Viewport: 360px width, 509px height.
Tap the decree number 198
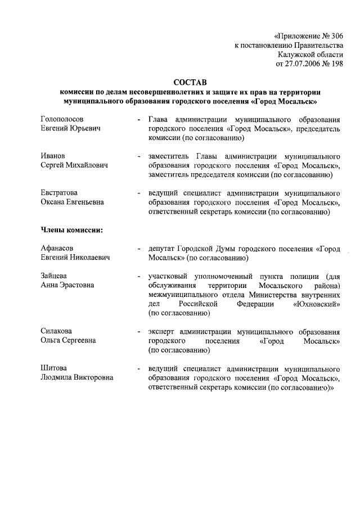click(335, 64)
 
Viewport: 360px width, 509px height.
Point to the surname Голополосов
click(62, 120)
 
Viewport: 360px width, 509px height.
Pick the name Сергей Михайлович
click(74, 165)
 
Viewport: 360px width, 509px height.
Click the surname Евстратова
click(59, 193)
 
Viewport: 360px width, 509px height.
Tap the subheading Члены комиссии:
click(71, 229)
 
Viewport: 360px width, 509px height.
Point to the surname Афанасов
click(57, 248)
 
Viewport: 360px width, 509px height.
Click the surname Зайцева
click(54, 276)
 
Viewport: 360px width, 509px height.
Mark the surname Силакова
click(56, 331)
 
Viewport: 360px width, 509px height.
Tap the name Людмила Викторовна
click(76, 377)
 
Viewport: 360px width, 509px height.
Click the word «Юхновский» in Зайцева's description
click(316, 304)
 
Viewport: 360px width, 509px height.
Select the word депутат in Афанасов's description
click(161, 248)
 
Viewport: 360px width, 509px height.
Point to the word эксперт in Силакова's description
click(161, 331)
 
